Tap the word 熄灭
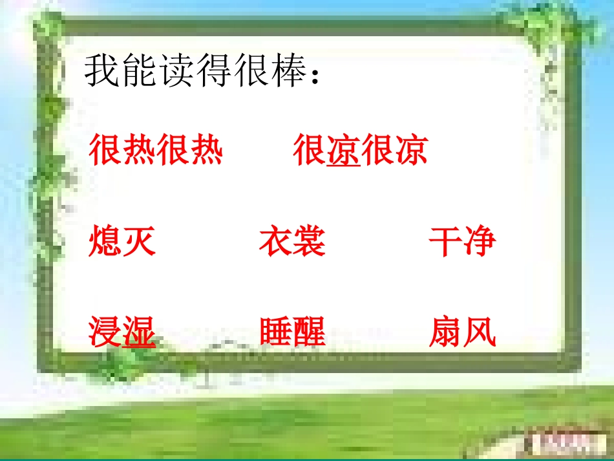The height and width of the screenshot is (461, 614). [122, 242]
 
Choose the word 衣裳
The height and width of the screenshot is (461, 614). [292, 242]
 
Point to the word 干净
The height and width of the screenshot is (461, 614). [462, 242]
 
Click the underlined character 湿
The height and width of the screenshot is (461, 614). [139, 332]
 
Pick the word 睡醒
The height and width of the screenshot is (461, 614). [292, 332]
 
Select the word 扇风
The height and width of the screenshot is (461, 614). [462, 332]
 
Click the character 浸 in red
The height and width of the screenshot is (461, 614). [105, 332]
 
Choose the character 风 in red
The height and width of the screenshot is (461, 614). [479, 332]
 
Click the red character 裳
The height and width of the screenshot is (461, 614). [309, 242]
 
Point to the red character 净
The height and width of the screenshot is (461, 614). [479, 242]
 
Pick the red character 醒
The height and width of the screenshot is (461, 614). [309, 332]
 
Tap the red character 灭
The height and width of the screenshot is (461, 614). [139, 242]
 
